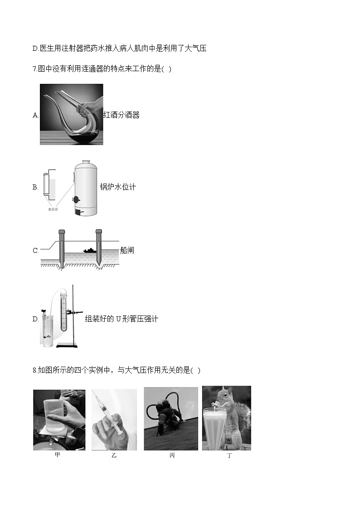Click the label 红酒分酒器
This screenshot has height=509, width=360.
[121, 115]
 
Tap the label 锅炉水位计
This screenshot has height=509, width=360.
[118, 187]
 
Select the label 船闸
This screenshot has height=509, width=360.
[127, 250]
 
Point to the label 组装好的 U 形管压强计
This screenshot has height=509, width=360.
[122, 319]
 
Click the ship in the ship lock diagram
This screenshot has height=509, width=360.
[89, 250]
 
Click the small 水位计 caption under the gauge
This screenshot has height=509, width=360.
[53, 209]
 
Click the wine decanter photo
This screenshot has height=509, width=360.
[71, 114]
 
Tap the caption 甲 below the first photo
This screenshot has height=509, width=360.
[57, 455]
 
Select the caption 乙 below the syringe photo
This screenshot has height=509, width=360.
[114, 456]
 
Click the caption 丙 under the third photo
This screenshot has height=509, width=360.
[172, 456]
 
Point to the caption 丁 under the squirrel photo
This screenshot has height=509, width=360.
[229, 456]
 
